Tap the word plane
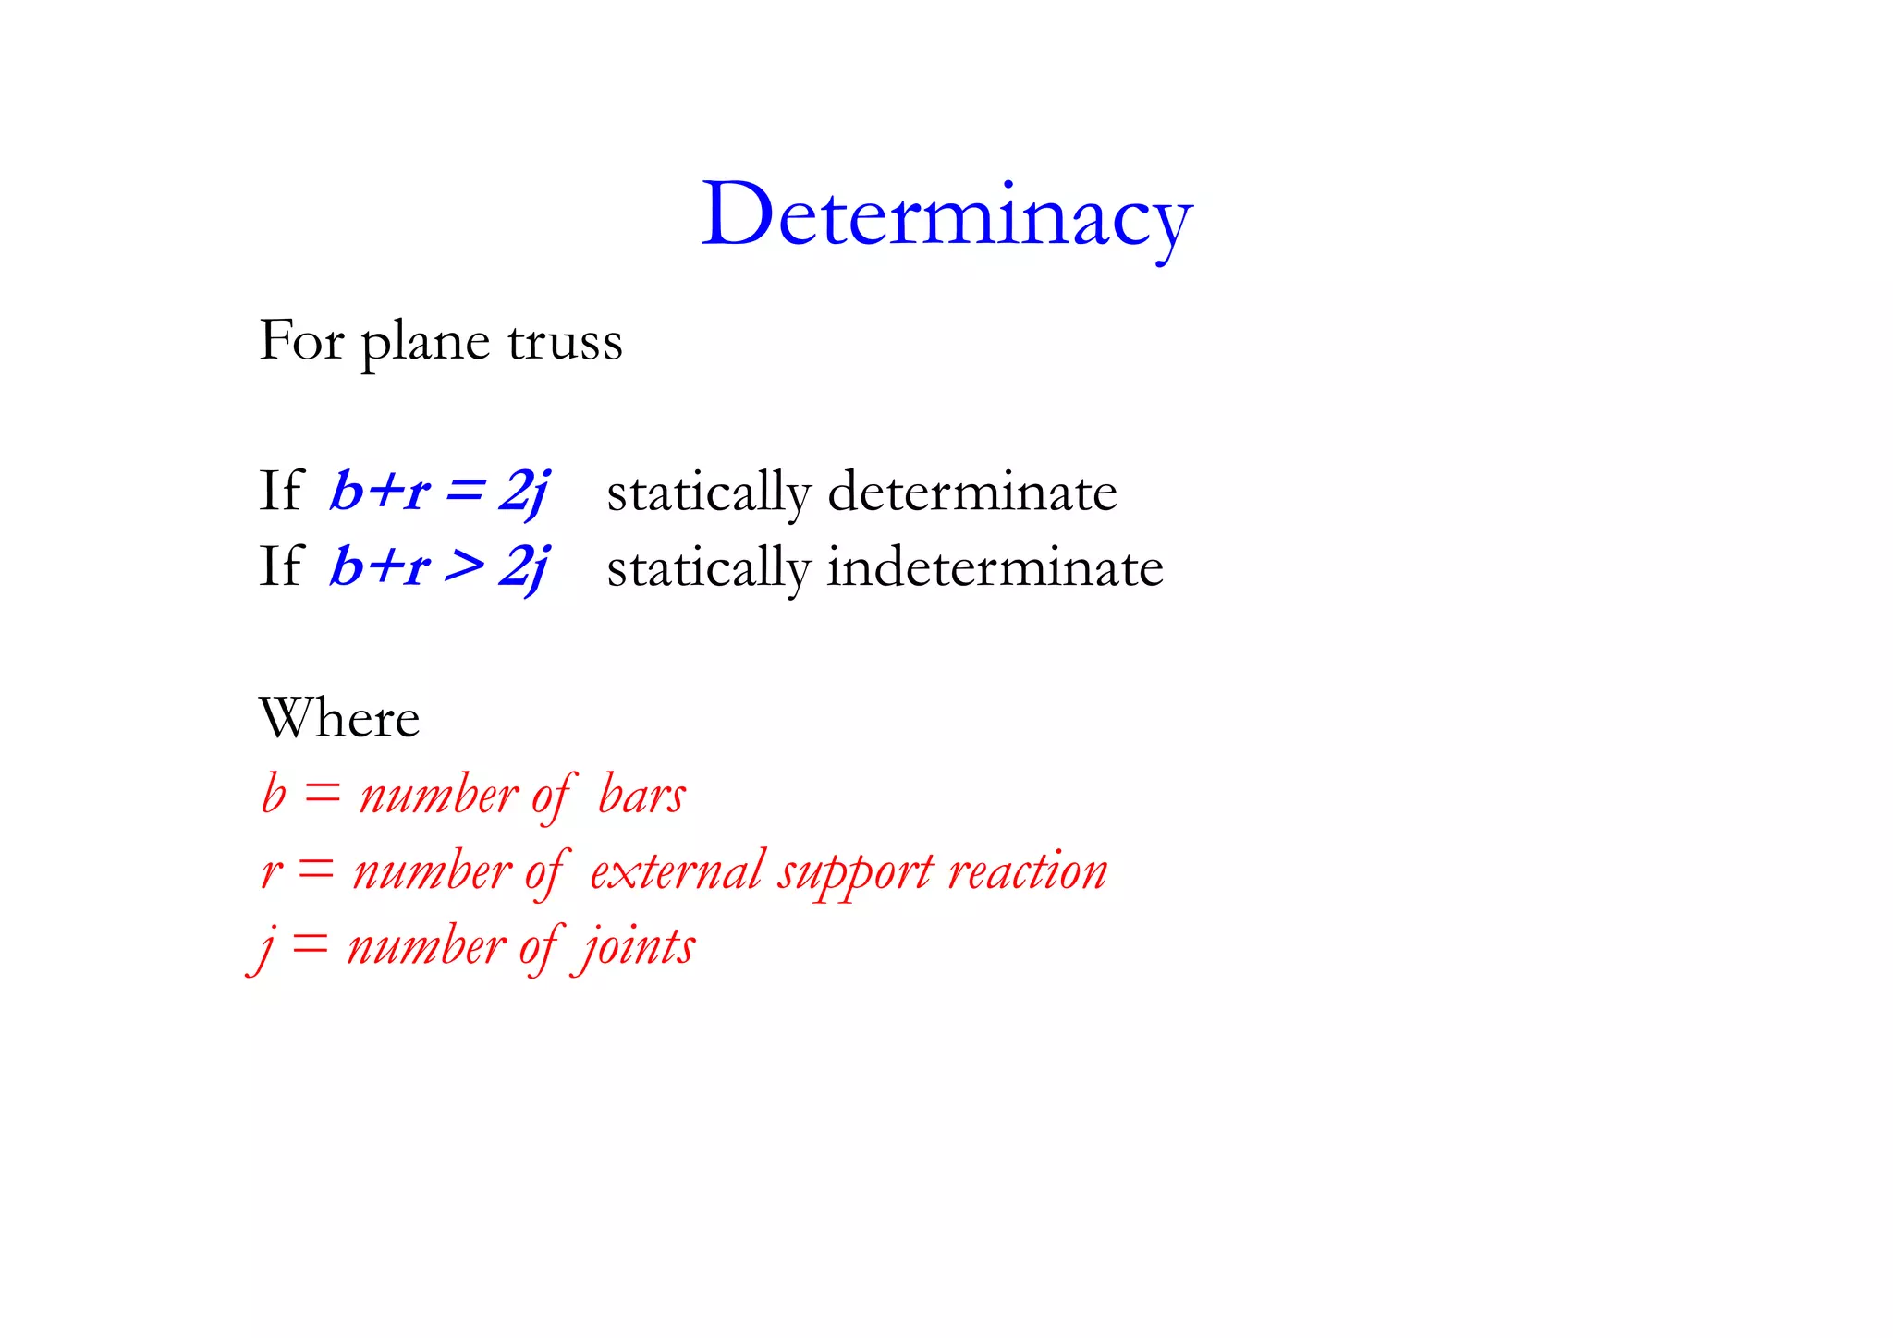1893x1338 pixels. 424,343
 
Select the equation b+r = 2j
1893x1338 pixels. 440,491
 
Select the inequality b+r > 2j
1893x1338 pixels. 440,566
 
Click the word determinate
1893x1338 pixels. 971,492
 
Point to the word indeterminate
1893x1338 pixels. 995,567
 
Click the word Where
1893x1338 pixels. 339,718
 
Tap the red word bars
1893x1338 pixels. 641,795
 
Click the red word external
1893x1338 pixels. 678,870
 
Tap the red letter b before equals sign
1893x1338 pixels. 274,795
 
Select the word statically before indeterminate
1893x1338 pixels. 708,568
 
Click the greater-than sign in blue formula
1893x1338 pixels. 464,566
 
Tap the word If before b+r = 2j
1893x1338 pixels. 280,491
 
